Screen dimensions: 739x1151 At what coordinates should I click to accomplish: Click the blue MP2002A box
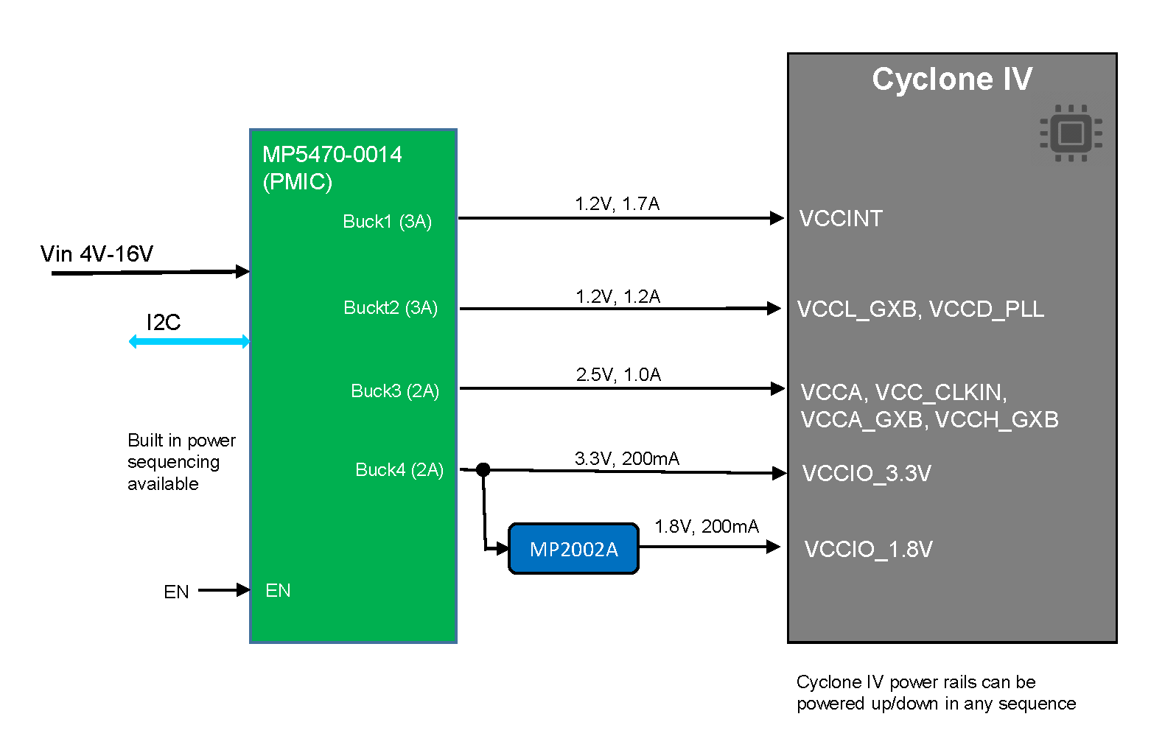coord(573,549)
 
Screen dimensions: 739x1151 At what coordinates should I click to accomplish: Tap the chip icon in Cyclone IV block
coord(1071,133)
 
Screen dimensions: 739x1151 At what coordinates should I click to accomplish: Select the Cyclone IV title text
coord(952,79)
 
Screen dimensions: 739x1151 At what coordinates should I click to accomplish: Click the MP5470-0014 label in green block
coord(332,155)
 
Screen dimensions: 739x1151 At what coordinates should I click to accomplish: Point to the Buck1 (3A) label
coord(388,222)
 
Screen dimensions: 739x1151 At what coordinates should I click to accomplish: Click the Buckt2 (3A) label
coord(391,307)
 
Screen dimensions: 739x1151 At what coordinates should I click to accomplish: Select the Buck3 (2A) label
coord(395,390)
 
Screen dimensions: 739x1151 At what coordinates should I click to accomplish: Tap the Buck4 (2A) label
coord(399,470)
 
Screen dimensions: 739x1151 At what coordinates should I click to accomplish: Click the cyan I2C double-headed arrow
coord(189,341)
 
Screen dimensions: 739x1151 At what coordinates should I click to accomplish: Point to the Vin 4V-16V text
coord(97,254)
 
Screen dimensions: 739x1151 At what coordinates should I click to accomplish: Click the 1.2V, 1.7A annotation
coord(617,204)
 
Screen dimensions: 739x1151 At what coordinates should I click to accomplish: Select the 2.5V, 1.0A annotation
coord(618,375)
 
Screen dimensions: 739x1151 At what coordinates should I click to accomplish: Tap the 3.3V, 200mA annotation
coord(626,459)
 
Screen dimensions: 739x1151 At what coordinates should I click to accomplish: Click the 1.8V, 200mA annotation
coord(706,527)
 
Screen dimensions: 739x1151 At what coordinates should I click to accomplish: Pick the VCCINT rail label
coord(841,219)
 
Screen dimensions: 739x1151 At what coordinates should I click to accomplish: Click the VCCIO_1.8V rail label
coord(868,550)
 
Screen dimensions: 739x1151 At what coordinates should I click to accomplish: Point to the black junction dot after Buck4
coord(483,469)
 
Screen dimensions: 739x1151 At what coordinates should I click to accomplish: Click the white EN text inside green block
coord(278,591)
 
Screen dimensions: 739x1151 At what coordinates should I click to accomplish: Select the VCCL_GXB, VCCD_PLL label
coord(920,309)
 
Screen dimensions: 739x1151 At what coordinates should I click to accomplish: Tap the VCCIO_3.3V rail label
coord(867,474)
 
